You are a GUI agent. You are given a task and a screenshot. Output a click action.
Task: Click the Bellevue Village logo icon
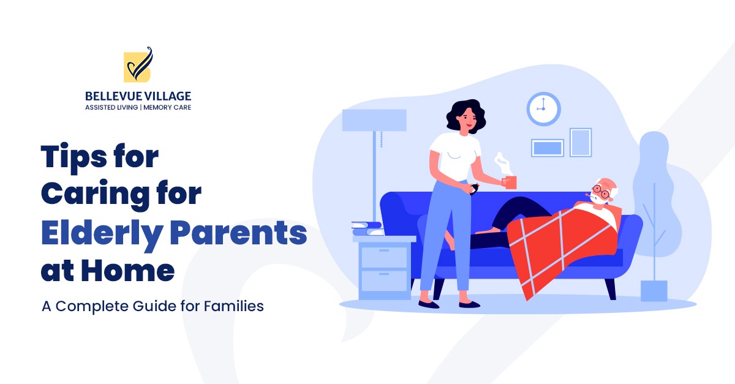point(138,65)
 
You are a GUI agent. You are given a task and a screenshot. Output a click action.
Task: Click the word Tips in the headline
point(74,157)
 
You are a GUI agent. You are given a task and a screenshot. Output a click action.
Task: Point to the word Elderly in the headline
point(99,235)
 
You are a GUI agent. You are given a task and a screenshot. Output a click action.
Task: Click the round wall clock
point(543,109)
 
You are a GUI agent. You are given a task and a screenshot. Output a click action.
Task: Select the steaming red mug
point(509,181)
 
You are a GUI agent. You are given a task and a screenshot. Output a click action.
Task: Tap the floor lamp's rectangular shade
point(374,120)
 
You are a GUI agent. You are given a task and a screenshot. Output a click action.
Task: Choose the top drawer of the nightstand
point(383,256)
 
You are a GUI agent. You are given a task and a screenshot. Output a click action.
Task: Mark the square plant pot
point(654,291)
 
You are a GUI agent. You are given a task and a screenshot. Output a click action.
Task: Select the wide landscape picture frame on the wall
point(547,148)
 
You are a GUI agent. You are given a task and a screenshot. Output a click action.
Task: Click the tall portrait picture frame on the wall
point(580,142)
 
